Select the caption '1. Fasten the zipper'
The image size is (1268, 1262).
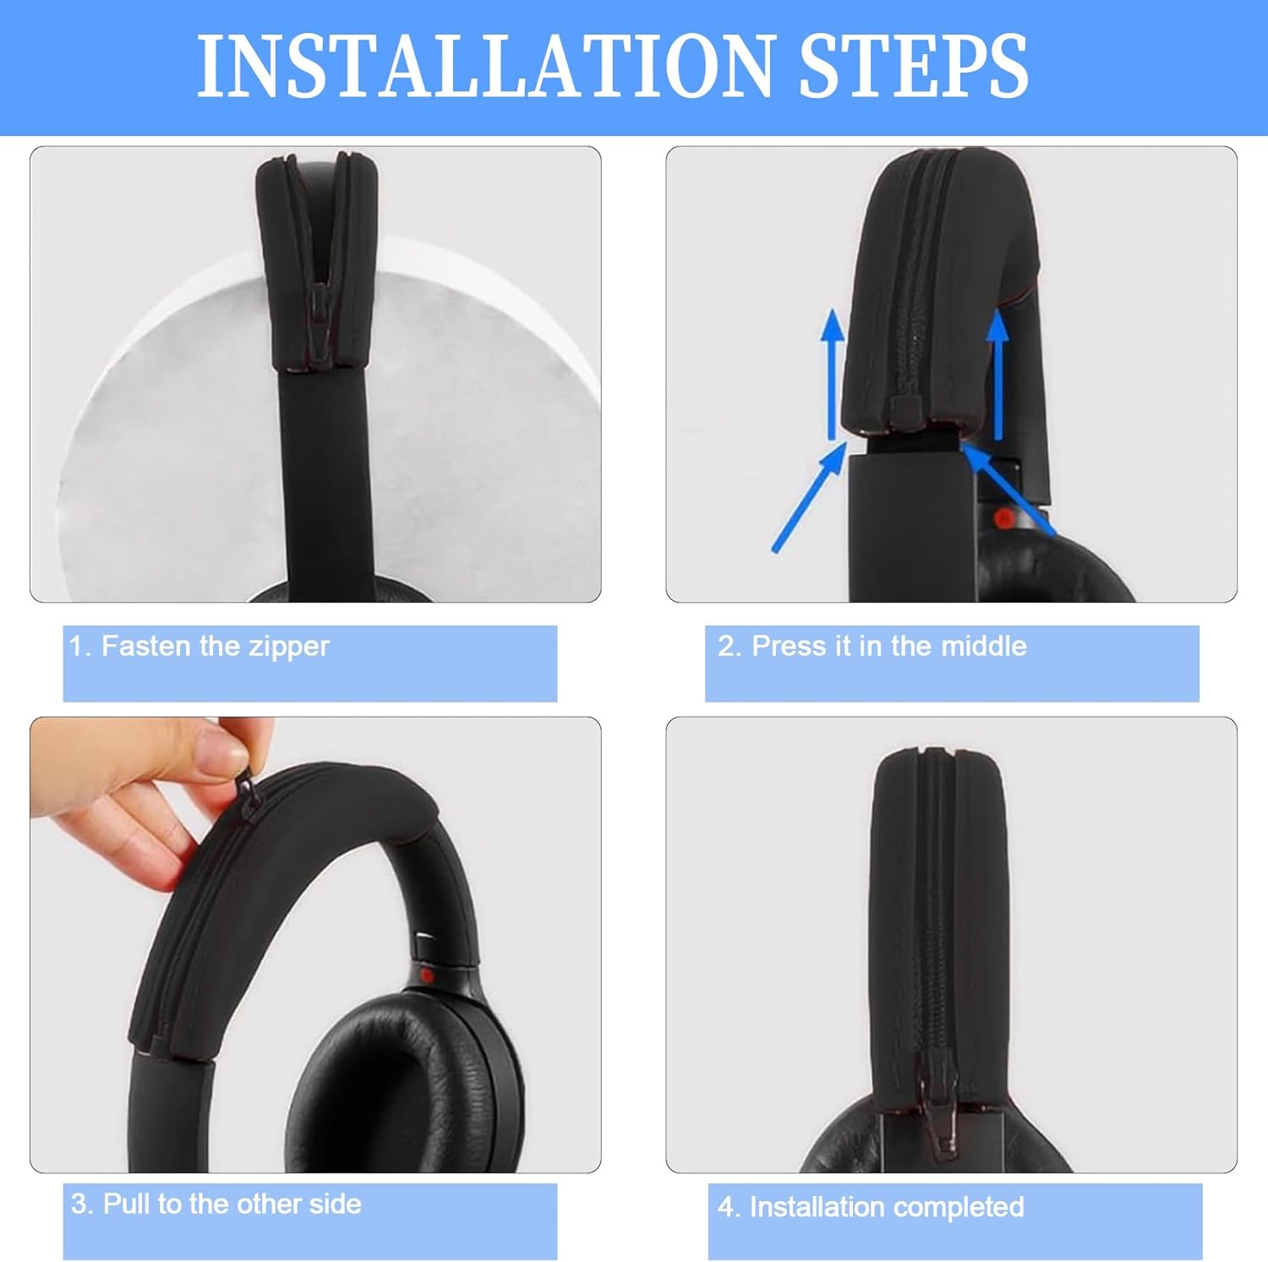point(199,647)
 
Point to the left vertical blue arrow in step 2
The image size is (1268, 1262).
point(833,372)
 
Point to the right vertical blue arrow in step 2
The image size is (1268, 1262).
point(998,372)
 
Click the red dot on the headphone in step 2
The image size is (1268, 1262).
point(1003,518)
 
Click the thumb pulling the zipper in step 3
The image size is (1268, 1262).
point(224,748)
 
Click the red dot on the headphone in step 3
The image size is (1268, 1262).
point(427,976)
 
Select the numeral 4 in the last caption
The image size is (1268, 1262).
point(725,1207)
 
